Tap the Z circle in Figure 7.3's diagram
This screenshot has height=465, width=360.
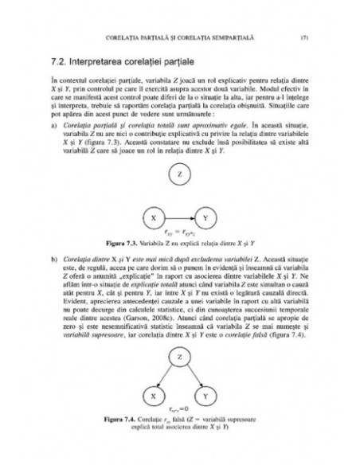(x=180, y=173)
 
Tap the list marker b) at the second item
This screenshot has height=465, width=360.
(x=53, y=259)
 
